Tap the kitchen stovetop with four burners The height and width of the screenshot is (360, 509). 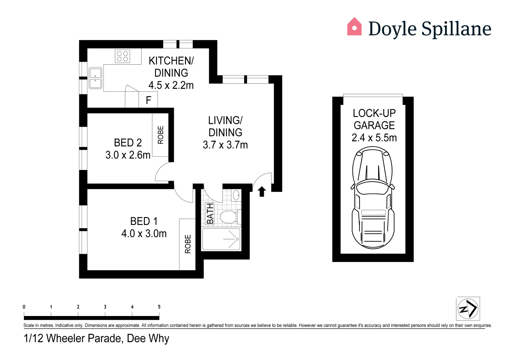[x=122, y=56]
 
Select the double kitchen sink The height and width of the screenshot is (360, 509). [x=95, y=78]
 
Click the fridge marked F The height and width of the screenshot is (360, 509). [x=148, y=100]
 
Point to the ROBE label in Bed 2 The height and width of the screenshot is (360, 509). [x=161, y=135]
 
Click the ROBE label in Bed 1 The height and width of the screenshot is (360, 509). [x=188, y=244]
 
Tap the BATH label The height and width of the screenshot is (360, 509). [x=210, y=214]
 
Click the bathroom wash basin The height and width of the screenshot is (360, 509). [x=236, y=195]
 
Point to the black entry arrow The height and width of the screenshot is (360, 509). [x=262, y=192]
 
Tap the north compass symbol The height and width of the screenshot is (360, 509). [x=468, y=309]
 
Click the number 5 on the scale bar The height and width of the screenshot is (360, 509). [x=159, y=307]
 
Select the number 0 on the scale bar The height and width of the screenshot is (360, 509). [x=24, y=307]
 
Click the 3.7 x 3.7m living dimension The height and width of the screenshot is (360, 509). [x=225, y=145]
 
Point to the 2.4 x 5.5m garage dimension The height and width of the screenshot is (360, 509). [x=374, y=138]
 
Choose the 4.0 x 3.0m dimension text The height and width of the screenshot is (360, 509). [x=144, y=234]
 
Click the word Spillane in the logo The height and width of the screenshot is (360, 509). [x=456, y=29]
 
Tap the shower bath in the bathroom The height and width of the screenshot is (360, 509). [x=221, y=239]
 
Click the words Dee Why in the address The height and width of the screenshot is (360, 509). [x=148, y=338]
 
